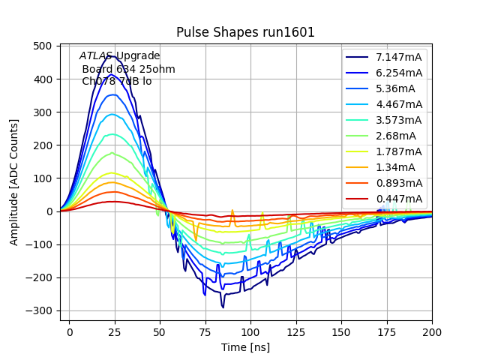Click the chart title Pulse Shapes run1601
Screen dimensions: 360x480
coord(245,32)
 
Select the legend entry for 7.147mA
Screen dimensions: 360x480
coord(399,57)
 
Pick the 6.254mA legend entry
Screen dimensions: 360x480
coord(399,73)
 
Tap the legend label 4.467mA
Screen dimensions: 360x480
coord(399,104)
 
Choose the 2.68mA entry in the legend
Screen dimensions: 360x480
coord(396,136)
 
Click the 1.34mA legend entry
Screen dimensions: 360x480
coord(396,167)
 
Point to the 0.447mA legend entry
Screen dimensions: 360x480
coord(399,199)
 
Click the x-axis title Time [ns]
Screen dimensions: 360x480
coord(245,347)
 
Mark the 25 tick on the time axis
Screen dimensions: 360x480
coord(115,331)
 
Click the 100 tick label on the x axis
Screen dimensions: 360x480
coord(250,331)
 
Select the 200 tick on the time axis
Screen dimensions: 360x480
coord(432,331)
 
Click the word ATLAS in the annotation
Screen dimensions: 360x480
coord(96,56)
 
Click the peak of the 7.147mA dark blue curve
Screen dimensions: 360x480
coord(114,55)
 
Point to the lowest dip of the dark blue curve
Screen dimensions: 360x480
coord(223,307)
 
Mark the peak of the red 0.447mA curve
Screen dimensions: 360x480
coord(113,201)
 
